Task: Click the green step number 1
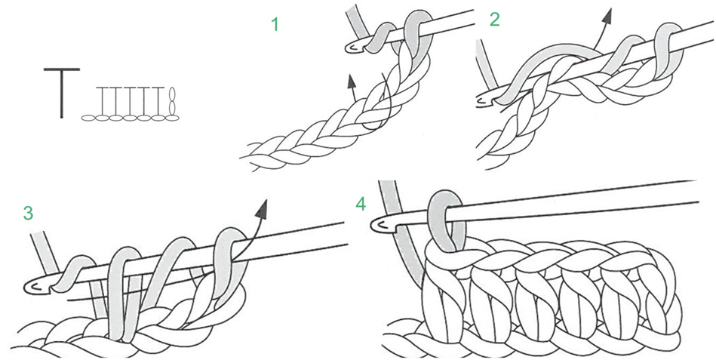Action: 275,24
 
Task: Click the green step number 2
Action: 494,20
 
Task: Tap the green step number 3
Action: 28,213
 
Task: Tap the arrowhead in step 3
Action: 263,206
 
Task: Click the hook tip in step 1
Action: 350,48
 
